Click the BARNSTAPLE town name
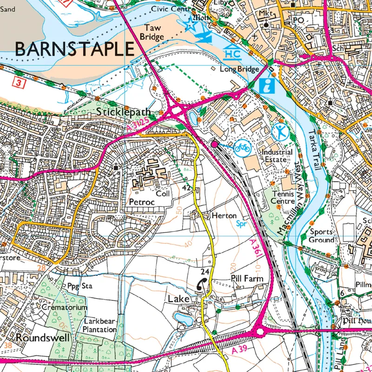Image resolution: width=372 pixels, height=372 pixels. (x=74, y=48)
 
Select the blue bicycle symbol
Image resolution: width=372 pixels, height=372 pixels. (x=242, y=148)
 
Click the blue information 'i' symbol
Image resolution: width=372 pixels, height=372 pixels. (x=268, y=85)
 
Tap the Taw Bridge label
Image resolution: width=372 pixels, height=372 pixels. (x=152, y=33)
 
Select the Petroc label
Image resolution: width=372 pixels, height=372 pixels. (x=140, y=203)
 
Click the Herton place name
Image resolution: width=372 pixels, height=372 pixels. (x=224, y=216)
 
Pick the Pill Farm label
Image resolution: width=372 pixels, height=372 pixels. (x=247, y=279)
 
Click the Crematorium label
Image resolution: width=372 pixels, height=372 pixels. (x=65, y=308)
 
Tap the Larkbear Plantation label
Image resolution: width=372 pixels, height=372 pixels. (x=100, y=325)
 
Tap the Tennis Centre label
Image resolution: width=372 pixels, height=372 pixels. (x=284, y=197)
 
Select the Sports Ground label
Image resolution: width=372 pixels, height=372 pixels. (x=321, y=235)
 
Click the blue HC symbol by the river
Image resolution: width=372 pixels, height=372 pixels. (x=232, y=54)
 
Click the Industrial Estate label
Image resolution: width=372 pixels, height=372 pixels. (x=277, y=156)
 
